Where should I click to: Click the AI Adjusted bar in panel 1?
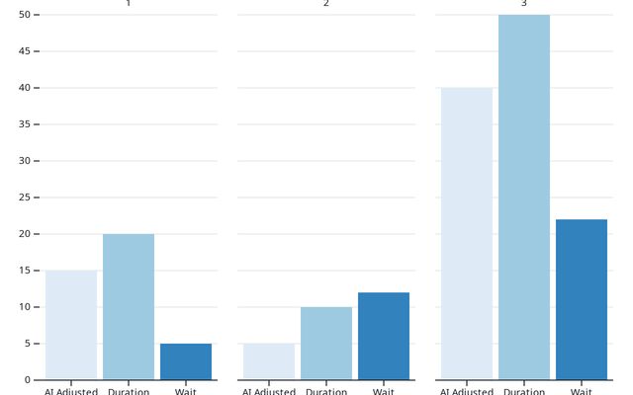71,325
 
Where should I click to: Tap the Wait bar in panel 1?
186,361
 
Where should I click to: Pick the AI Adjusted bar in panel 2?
269,361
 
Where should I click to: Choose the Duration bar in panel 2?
326,343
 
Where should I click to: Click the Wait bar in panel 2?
384,336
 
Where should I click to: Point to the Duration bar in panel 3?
524,197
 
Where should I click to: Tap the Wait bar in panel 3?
582,299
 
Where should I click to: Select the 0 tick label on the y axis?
27,380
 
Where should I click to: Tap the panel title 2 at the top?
326,4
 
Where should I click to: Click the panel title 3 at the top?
524,4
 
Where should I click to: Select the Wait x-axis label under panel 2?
384,391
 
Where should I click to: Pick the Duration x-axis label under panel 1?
129,391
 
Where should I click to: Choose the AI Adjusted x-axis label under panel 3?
467,391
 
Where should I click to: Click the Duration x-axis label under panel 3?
524,391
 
